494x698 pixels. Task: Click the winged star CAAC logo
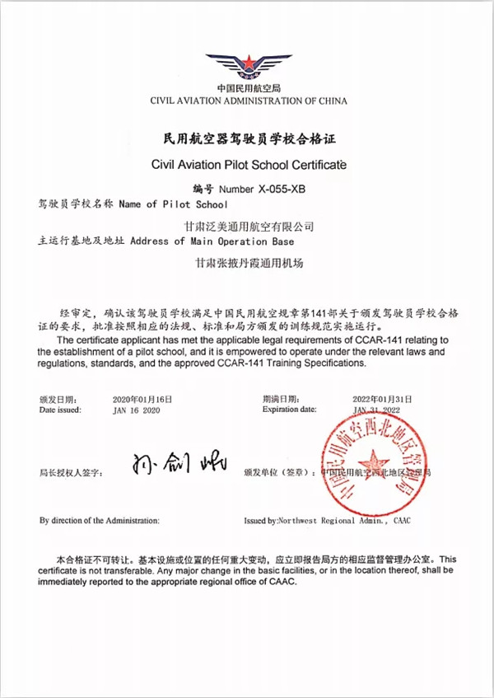(x=249, y=65)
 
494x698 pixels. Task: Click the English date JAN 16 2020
(x=136, y=410)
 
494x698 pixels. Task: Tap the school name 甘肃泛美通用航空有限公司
(x=251, y=225)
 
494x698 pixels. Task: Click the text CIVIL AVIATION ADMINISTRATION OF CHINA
(x=249, y=101)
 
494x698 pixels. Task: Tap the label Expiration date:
(x=289, y=409)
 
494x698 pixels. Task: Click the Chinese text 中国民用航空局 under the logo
(x=249, y=89)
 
